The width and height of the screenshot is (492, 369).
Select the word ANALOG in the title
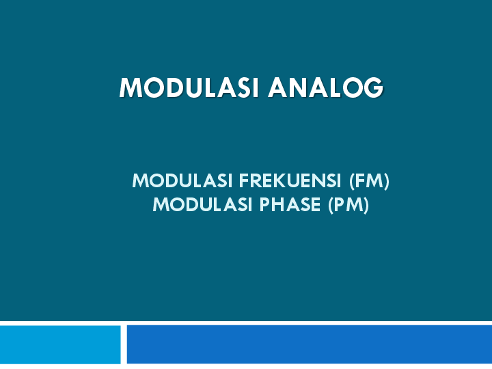[x=326, y=88]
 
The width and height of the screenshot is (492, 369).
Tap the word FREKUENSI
[x=290, y=181]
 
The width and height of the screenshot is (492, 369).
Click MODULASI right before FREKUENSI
[x=183, y=181]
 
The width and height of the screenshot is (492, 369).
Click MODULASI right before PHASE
[x=204, y=204]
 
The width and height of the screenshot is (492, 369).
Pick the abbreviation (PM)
[x=348, y=204]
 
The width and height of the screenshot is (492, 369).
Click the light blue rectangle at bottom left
[x=60, y=344]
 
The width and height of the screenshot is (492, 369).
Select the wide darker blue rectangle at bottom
[x=309, y=344]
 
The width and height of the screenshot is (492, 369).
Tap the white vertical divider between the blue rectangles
[x=124, y=344]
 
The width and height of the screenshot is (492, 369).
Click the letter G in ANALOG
[x=372, y=88]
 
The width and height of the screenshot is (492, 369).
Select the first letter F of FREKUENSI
[x=243, y=181]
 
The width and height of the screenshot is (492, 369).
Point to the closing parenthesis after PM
[x=366, y=204]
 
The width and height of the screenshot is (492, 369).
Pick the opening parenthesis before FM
[x=351, y=181]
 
